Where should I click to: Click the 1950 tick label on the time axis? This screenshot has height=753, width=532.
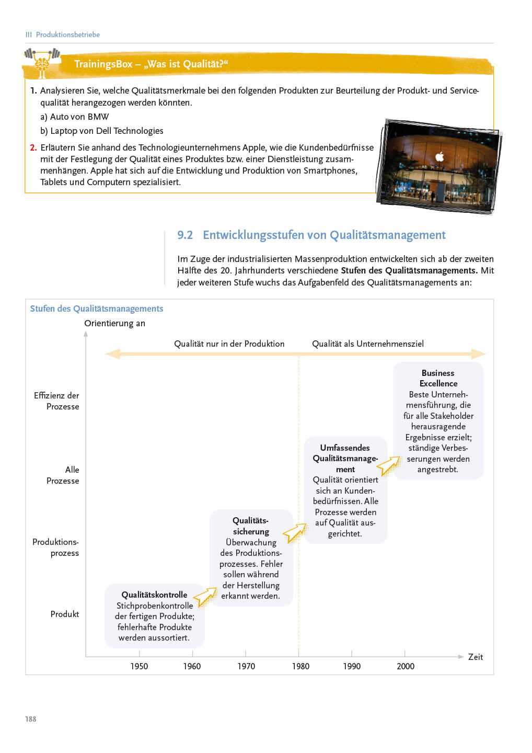pos(139,666)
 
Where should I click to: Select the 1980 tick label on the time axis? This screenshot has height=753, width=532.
pos(300,666)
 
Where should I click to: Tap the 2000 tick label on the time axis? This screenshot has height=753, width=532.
pos(406,666)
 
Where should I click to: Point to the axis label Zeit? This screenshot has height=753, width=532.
pos(475,657)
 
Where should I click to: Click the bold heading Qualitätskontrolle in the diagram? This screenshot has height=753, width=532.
pos(154,595)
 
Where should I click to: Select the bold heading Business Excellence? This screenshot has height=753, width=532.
pos(438,378)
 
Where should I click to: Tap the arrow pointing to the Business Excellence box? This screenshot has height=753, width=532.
pos(388,465)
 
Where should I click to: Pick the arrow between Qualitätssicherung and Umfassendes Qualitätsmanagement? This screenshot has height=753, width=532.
pos(295,533)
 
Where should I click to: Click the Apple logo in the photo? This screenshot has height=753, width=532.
pos(440,156)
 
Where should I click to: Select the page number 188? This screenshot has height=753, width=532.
pos(31,719)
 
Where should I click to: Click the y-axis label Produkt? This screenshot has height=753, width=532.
pos(65,614)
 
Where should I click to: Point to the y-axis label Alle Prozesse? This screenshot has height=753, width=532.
pos(63,475)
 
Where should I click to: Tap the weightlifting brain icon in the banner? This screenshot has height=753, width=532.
pos(42,62)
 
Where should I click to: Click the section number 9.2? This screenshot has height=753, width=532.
pos(185,235)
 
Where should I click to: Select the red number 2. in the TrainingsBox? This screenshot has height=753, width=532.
pos(33,148)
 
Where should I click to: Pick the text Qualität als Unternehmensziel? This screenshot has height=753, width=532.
pos(368,344)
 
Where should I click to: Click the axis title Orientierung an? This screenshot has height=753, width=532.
pos(115,324)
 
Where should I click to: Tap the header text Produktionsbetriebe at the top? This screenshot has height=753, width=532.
pos(68,35)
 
